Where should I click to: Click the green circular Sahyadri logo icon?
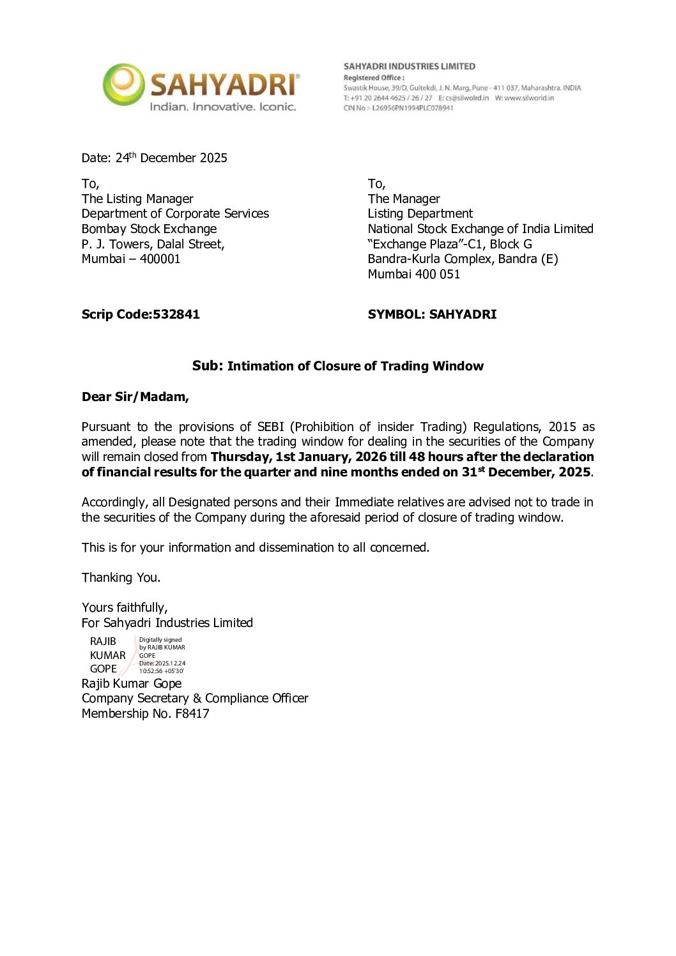coord(123,84)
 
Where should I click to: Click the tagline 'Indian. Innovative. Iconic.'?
coord(222,107)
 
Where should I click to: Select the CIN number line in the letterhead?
coord(398,108)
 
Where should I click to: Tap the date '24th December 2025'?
coord(171,158)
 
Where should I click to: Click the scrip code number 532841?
coord(176,314)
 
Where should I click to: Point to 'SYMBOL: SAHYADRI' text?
coord(432,314)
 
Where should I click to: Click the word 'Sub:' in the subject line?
coord(208,366)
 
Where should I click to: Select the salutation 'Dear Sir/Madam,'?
coord(135,397)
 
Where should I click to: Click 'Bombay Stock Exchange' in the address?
coord(149,229)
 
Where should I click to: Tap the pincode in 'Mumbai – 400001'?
coord(160,259)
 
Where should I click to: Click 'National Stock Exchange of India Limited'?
coord(480,229)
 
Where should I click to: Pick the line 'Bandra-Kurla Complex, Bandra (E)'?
coord(463,259)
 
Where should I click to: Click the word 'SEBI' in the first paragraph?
coord(270,427)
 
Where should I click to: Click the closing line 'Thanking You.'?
coord(121,577)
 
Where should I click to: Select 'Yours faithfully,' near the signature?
coord(125,607)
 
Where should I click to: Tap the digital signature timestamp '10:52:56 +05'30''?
coord(161,671)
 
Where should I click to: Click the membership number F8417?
coord(192,713)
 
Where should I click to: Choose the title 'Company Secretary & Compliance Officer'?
coord(195,698)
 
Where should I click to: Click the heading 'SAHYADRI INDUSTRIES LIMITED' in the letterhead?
coord(410,66)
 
